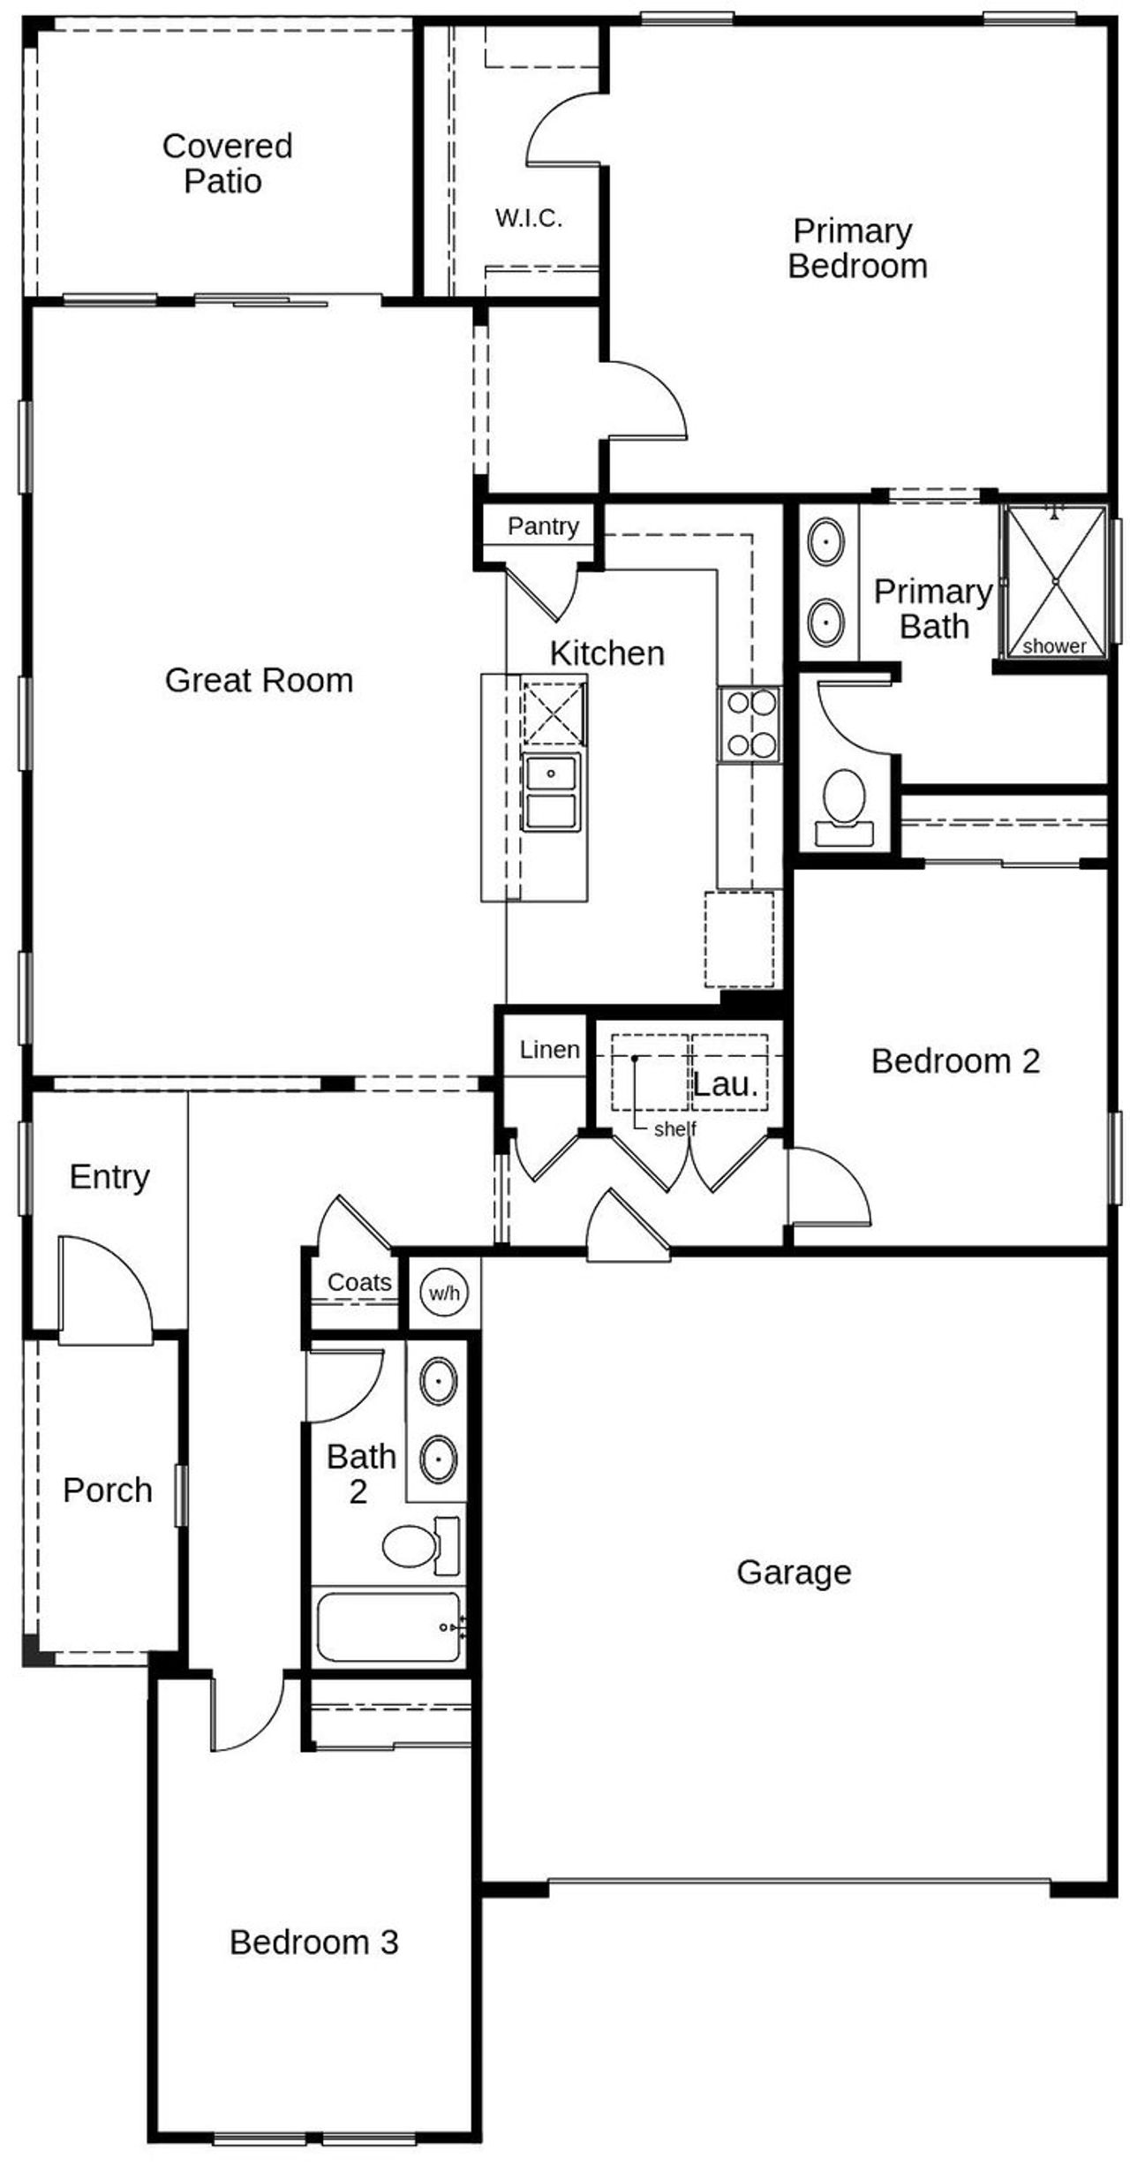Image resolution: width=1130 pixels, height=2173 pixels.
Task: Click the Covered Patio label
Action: (226, 163)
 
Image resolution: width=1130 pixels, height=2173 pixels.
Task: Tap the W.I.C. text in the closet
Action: (528, 218)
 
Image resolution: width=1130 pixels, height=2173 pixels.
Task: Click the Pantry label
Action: (542, 526)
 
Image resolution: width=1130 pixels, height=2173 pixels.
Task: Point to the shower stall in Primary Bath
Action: (1055, 581)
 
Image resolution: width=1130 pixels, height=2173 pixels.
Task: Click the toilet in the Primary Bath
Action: (844, 804)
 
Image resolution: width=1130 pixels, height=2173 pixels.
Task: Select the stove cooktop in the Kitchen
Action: (750, 724)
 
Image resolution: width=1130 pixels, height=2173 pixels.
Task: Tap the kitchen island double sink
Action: (551, 791)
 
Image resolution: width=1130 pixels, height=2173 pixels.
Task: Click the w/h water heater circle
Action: (444, 1294)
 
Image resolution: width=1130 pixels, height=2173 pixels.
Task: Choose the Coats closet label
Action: (358, 1282)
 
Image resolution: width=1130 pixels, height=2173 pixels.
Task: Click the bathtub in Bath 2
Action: (388, 1627)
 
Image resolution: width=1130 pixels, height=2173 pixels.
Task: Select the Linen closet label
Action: (549, 1050)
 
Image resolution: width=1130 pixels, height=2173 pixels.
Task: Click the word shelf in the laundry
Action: (674, 1128)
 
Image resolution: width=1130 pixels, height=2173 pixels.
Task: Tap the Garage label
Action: (794, 1573)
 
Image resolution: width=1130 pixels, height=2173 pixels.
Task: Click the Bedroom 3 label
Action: (313, 1943)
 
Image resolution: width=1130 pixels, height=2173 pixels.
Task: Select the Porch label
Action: (108, 1490)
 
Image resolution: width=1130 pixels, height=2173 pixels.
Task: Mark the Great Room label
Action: (259, 680)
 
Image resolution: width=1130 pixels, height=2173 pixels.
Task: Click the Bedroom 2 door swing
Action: (828, 1188)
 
